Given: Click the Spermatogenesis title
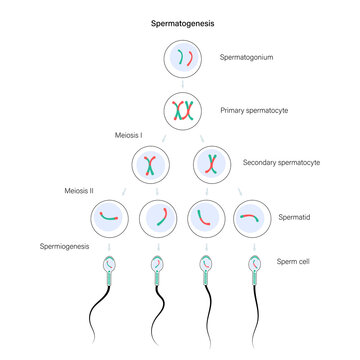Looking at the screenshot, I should (x=180, y=21).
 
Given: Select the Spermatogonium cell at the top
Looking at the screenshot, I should (x=180, y=60).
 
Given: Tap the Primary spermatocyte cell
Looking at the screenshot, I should (x=180, y=110).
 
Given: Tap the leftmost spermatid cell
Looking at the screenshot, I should (x=110, y=215).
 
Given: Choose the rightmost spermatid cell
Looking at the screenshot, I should (x=253, y=215).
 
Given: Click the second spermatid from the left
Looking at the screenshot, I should (x=158, y=215).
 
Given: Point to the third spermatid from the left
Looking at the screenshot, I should (x=205, y=215).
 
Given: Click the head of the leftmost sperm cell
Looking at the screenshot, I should (x=110, y=265).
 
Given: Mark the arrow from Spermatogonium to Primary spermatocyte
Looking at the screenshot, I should (x=180, y=85).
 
